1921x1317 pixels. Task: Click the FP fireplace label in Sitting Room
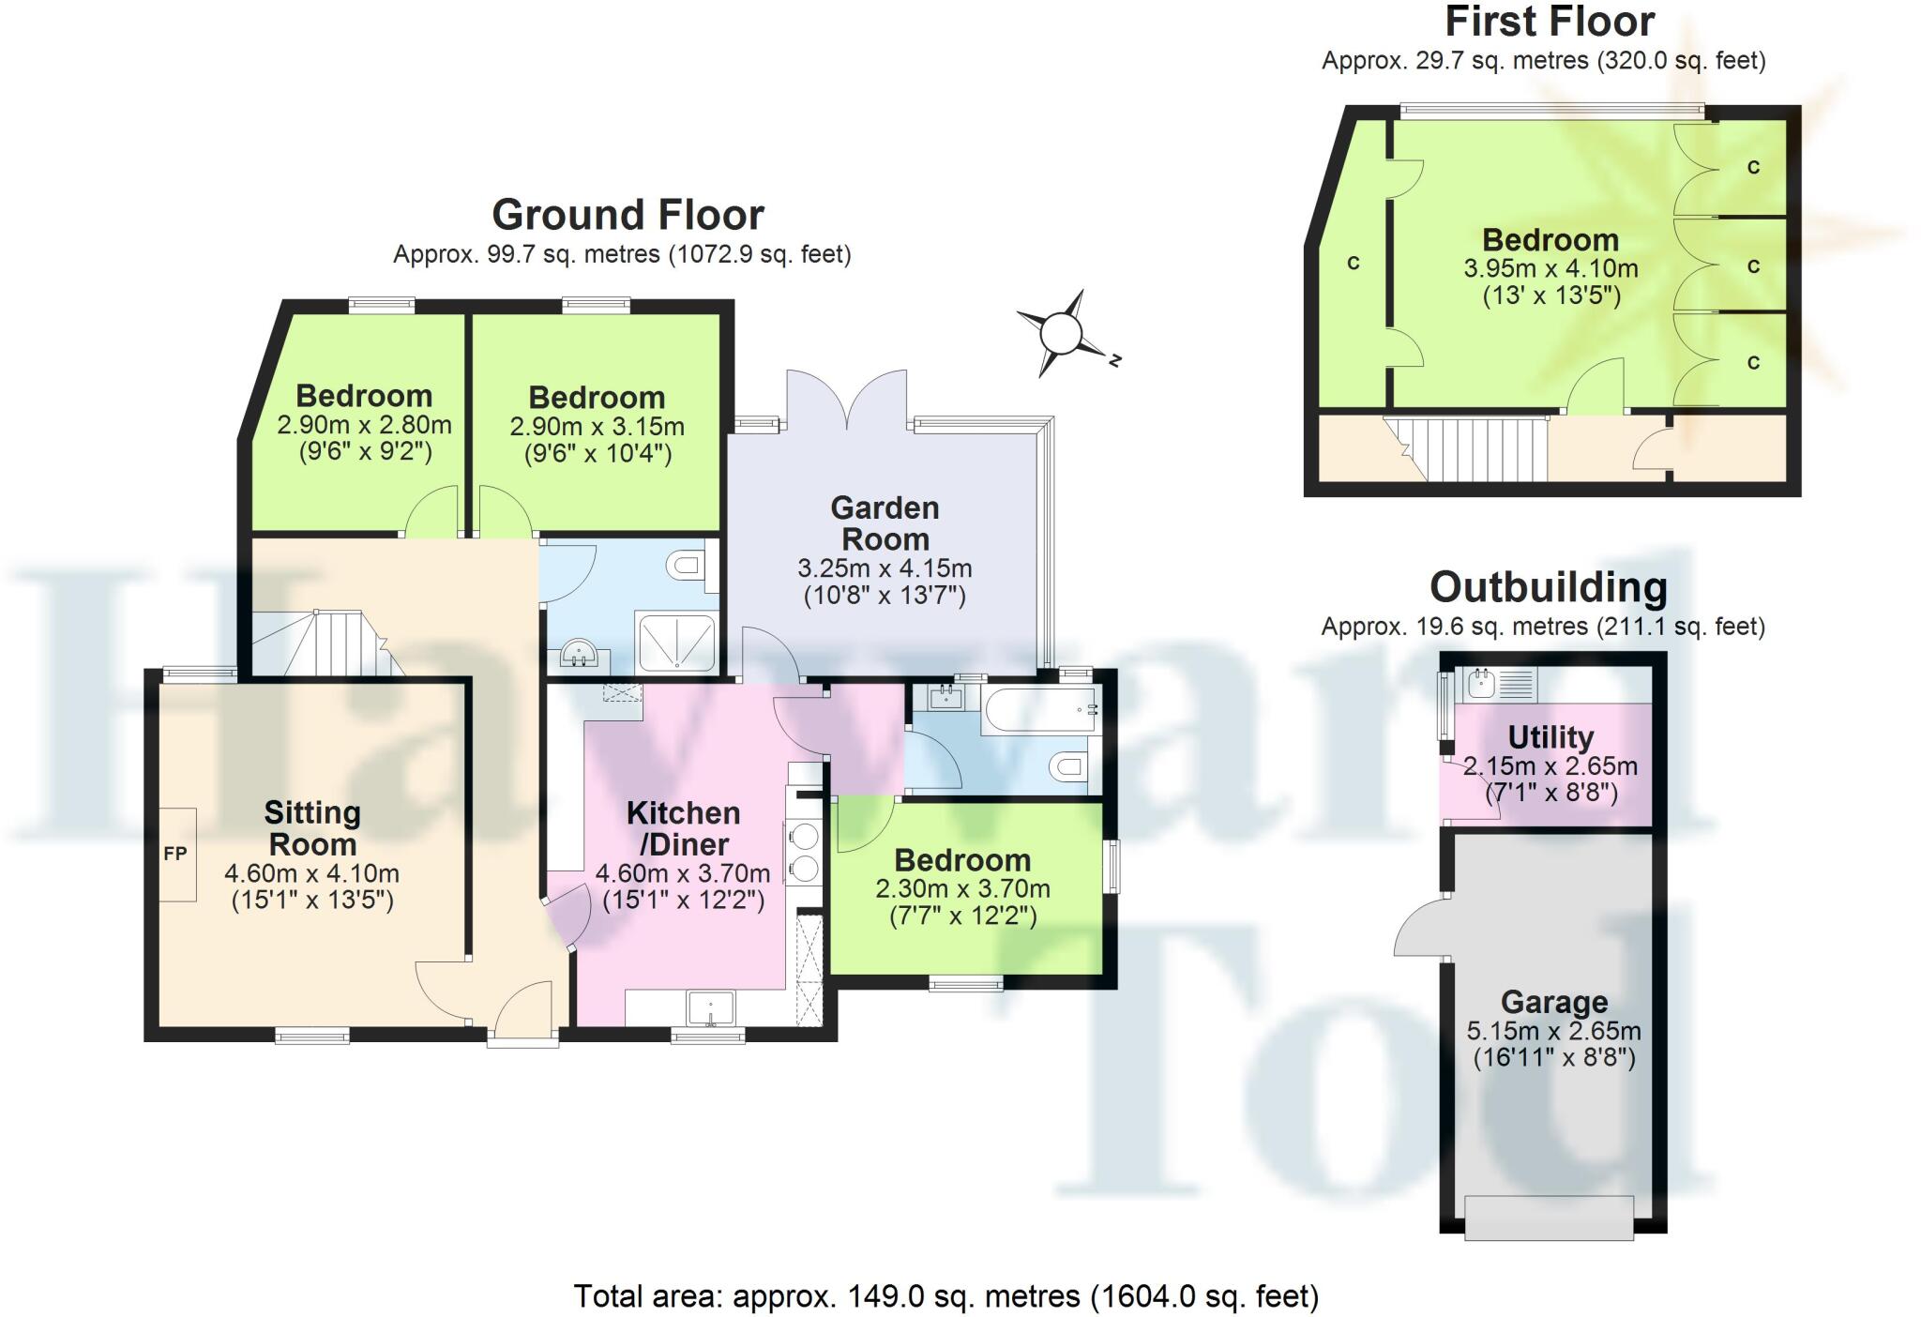pyautogui.click(x=175, y=854)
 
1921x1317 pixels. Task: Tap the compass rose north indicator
pyautogui.click(x=1062, y=333)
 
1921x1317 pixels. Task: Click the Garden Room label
pyautogui.click(x=885, y=523)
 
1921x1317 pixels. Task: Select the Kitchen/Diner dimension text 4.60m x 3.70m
pyautogui.click(x=683, y=873)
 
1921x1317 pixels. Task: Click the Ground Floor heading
pyautogui.click(x=628, y=215)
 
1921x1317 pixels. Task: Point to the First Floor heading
pyautogui.click(x=1550, y=22)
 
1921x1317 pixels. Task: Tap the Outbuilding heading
pyautogui.click(x=1549, y=587)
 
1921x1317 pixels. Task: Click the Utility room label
pyautogui.click(x=1550, y=737)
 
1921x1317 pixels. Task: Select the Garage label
pyautogui.click(x=1554, y=1002)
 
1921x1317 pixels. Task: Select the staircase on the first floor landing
pyautogui.click(x=1468, y=448)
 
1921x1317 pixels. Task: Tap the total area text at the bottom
pyautogui.click(x=945, y=1296)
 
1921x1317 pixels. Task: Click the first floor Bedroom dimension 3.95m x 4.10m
pyautogui.click(x=1550, y=269)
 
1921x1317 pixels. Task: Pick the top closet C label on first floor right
pyautogui.click(x=1753, y=168)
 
